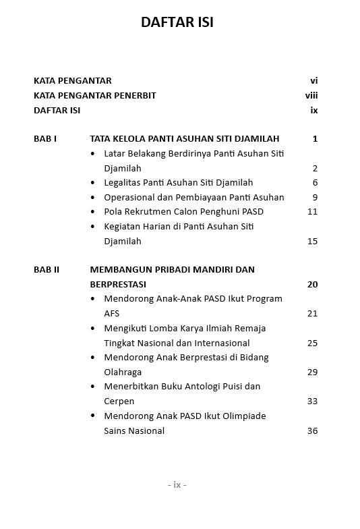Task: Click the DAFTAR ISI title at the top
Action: point(177,22)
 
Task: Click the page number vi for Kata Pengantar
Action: point(313,81)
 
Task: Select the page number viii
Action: point(311,96)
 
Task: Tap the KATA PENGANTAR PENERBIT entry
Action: point(94,96)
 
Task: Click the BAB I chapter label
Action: point(45,139)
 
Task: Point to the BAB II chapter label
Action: point(47,270)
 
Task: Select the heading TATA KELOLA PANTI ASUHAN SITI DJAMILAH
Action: point(184,139)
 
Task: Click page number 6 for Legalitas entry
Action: point(315,183)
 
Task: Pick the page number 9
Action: point(315,198)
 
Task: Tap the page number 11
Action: point(312,212)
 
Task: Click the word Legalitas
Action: point(124,183)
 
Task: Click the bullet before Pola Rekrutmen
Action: point(93,212)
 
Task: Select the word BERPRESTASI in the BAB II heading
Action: point(118,285)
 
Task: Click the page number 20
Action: point(312,285)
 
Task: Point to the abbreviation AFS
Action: point(111,314)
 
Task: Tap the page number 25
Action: point(312,343)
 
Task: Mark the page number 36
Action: point(312,431)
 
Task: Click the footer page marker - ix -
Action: point(177,485)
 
